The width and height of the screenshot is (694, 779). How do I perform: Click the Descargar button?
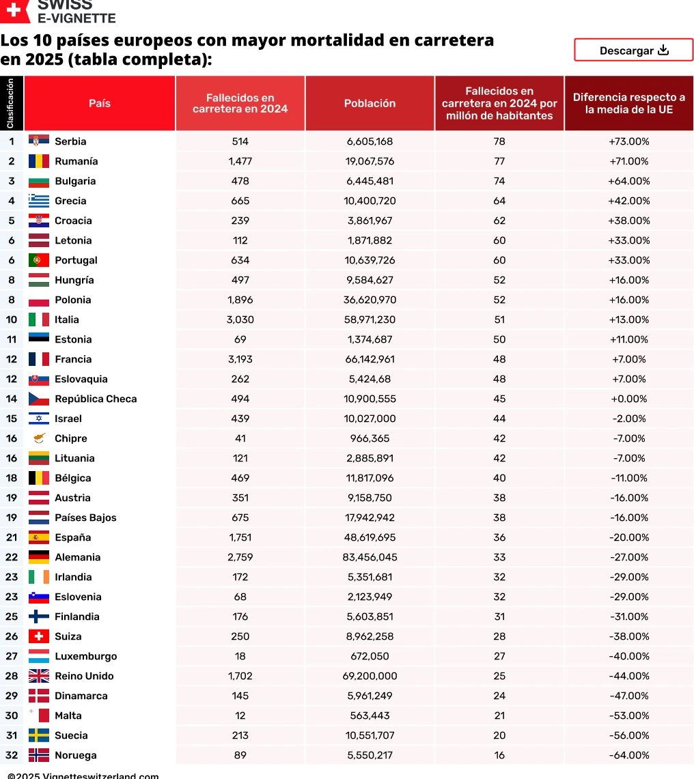pos(633,51)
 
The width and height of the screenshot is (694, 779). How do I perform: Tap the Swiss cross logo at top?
pos(15,10)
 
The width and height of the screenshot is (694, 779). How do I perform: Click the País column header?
pos(100,104)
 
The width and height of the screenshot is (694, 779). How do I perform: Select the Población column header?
pos(370,104)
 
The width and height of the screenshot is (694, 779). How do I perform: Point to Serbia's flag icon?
pos(39,141)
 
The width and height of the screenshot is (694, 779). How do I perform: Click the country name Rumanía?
pos(76,161)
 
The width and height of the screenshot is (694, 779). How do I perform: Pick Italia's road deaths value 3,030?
pos(240,320)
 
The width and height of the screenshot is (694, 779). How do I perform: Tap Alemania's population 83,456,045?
pos(370,557)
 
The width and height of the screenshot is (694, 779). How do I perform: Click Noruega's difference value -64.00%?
pos(628,755)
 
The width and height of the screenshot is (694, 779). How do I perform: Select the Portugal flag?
pos(39,260)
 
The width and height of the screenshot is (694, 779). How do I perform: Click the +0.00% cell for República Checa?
pos(628,399)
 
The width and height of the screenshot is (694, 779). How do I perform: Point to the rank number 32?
pos(12,755)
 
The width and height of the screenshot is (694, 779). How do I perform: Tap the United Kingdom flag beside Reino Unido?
pos(39,676)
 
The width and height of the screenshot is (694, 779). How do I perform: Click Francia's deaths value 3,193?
pos(240,359)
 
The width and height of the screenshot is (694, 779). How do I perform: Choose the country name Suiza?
pos(68,636)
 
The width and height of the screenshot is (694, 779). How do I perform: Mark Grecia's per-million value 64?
pos(499,201)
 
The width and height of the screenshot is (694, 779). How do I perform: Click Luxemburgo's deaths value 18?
pos(240,656)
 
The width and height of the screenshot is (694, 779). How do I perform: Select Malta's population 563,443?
pos(370,716)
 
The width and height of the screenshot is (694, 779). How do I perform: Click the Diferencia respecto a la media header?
pos(628,104)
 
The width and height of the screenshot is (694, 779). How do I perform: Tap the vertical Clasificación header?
pos(11,104)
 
